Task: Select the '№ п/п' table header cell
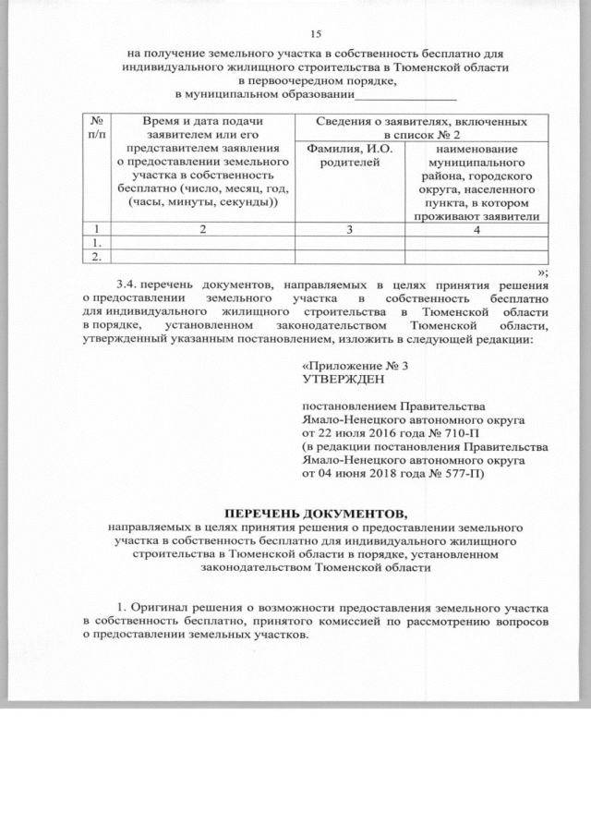(96, 129)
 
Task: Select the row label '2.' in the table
(95, 256)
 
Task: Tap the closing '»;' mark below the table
(544, 271)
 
